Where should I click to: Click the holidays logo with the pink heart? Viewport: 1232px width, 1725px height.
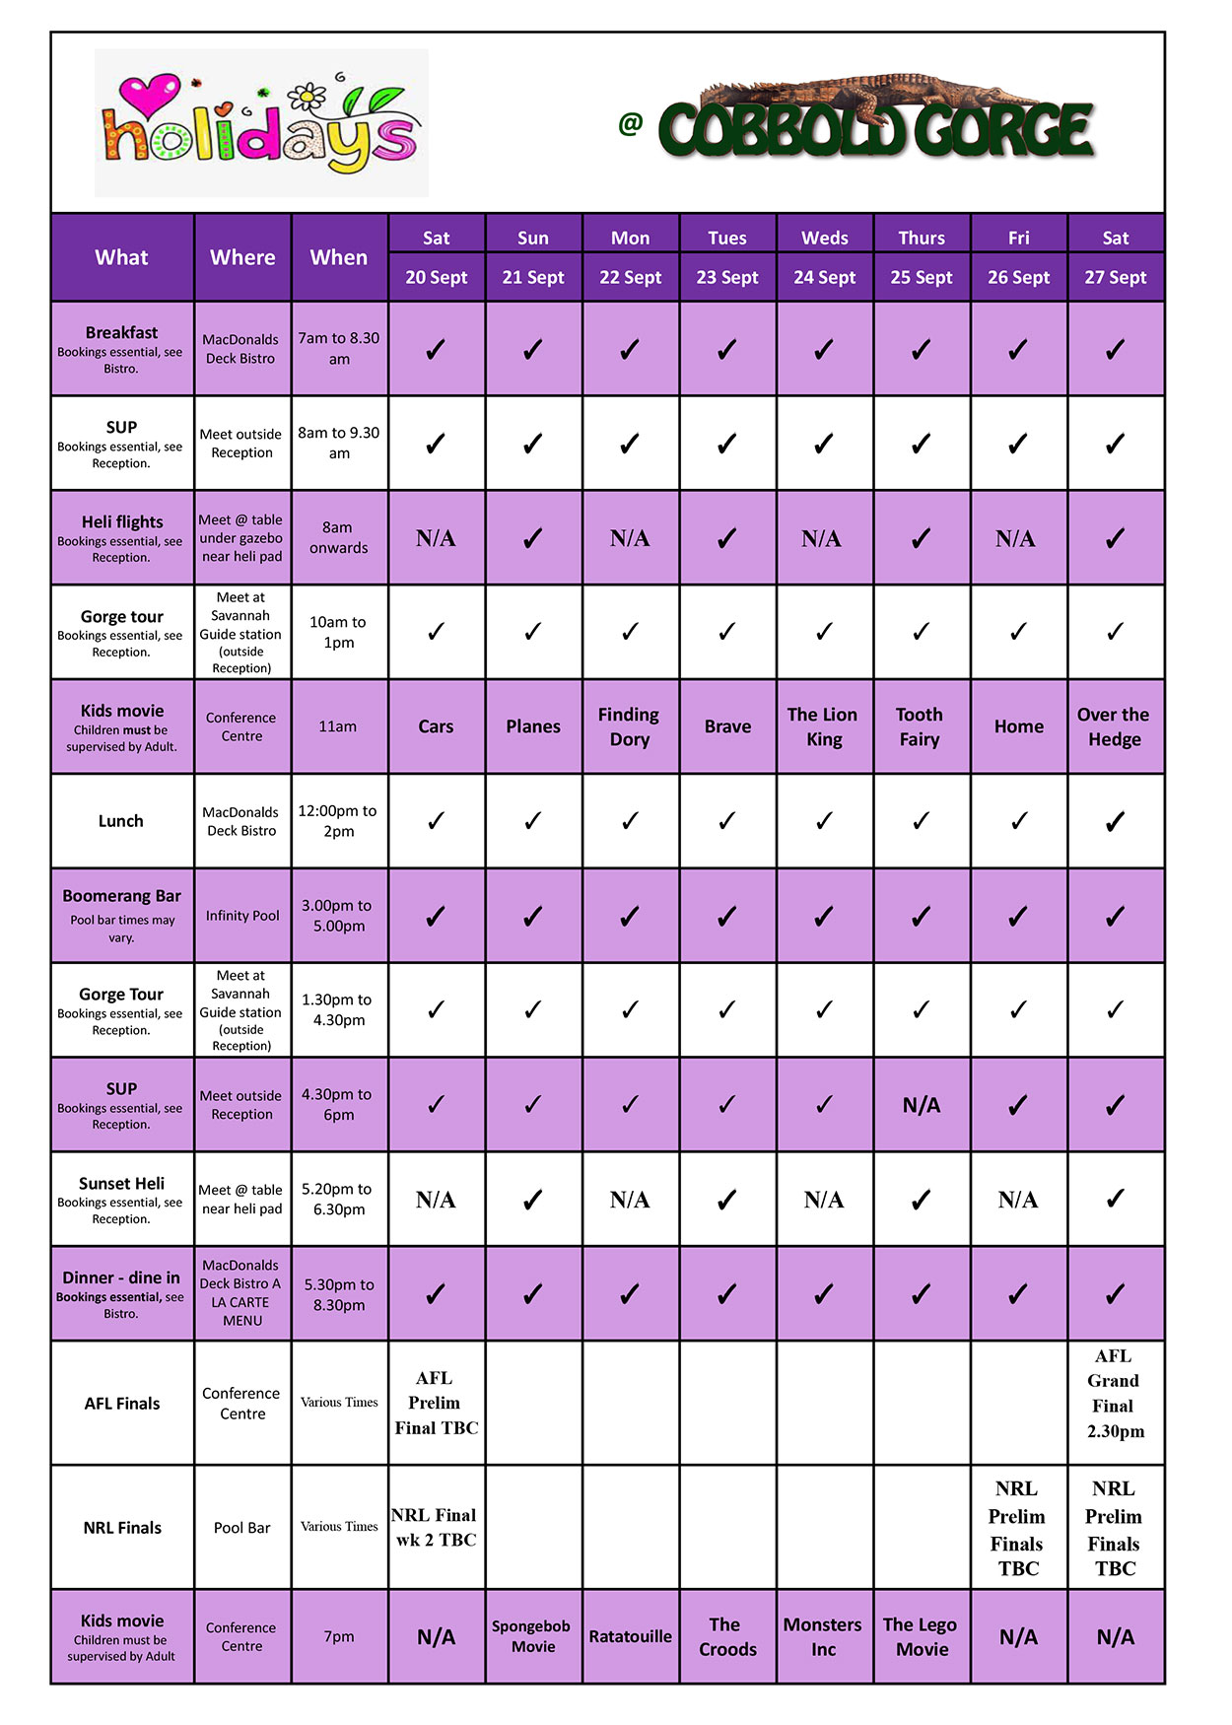tap(261, 123)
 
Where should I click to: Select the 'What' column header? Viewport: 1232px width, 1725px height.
tap(121, 257)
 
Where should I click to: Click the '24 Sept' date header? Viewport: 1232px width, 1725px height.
tap(824, 278)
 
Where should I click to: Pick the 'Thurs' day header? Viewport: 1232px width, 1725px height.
tap(921, 238)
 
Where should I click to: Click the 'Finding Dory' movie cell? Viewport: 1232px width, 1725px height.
tap(630, 726)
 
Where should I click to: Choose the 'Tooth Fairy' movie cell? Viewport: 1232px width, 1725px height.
tap(920, 726)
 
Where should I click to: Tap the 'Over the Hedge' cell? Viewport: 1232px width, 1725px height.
tap(1114, 726)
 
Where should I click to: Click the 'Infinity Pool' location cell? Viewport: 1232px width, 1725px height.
tap(242, 916)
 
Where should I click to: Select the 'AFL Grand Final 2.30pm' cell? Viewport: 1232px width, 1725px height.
tap(1115, 1394)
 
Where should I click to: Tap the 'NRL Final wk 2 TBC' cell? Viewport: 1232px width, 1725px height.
tap(436, 1527)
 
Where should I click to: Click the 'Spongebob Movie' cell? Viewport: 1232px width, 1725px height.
tap(532, 1636)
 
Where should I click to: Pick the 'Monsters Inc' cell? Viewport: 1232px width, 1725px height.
tap(823, 1636)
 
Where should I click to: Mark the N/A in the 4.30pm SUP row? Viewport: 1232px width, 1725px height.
tap(921, 1105)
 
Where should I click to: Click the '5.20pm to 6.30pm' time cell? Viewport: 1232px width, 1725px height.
tap(338, 1200)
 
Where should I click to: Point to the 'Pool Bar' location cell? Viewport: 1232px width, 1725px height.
tap(242, 1528)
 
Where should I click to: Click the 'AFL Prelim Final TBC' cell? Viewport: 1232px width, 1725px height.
tap(436, 1403)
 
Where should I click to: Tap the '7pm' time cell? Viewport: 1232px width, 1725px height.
tap(338, 1636)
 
